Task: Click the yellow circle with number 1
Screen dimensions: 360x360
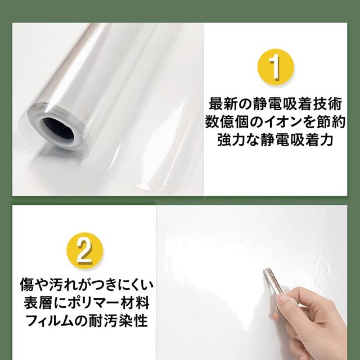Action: pyautogui.click(x=276, y=67)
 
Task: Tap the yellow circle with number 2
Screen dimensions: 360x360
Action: pyautogui.click(x=85, y=251)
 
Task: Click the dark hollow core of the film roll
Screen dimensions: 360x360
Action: pyautogui.click(x=57, y=130)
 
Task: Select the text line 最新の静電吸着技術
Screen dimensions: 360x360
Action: pyautogui.click(x=276, y=103)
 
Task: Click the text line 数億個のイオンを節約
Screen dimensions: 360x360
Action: pyautogui.click(x=275, y=121)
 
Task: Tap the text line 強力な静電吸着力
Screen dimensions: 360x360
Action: pyautogui.click(x=275, y=139)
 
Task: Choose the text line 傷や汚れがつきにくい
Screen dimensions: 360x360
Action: pyautogui.click(x=87, y=285)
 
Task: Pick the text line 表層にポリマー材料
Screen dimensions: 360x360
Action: pyautogui.click(x=87, y=303)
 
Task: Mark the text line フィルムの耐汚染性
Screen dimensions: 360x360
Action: pyautogui.click(x=87, y=321)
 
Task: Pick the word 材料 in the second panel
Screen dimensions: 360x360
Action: pyautogui.click(x=135, y=303)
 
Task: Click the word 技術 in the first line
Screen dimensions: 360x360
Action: pyautogui.click(x=328, y=103)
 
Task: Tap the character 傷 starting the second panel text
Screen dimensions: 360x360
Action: pyautogui.click(x=26, y=285)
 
